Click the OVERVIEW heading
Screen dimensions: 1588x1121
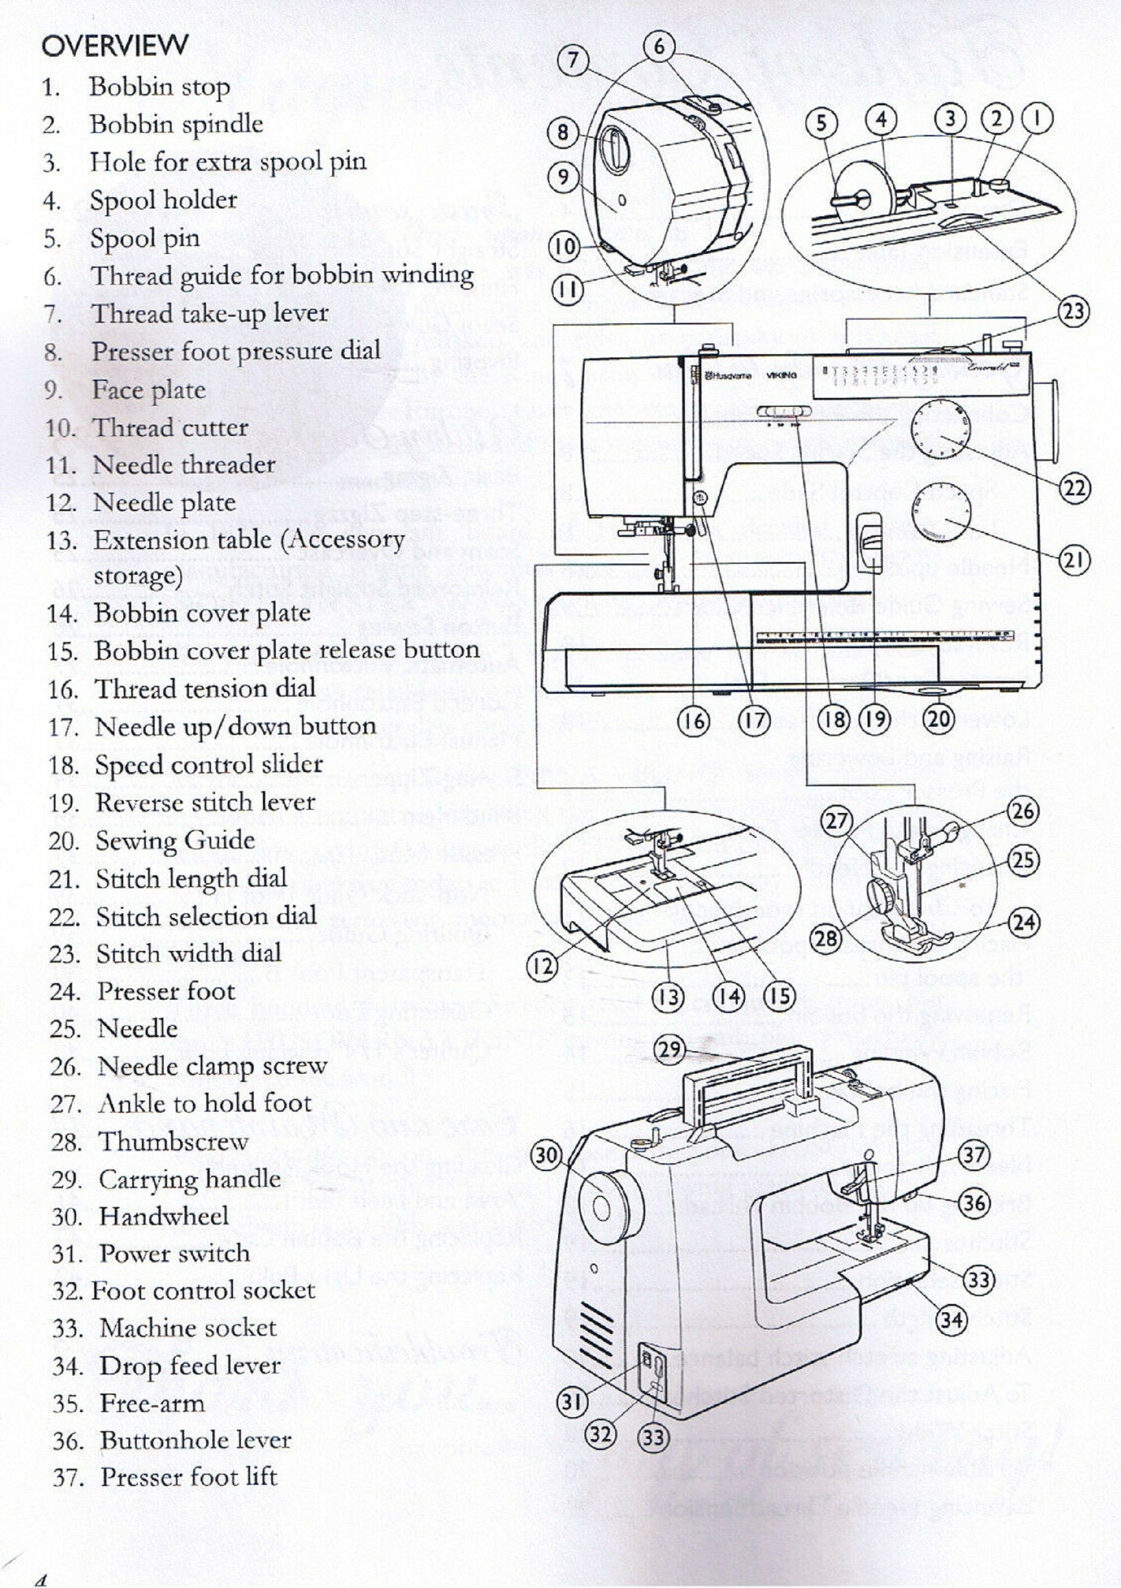(114, 47)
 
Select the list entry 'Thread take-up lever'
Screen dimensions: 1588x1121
(209, 313)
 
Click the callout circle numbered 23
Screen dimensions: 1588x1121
(1073, 312)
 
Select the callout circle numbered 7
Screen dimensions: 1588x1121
(572, 62)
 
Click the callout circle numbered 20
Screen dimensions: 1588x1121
(939, 719)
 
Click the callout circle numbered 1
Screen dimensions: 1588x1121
(1038, 120)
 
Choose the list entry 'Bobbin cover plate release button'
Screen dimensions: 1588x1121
(286, 651)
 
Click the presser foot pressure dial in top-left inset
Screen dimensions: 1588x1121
(614, 150)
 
